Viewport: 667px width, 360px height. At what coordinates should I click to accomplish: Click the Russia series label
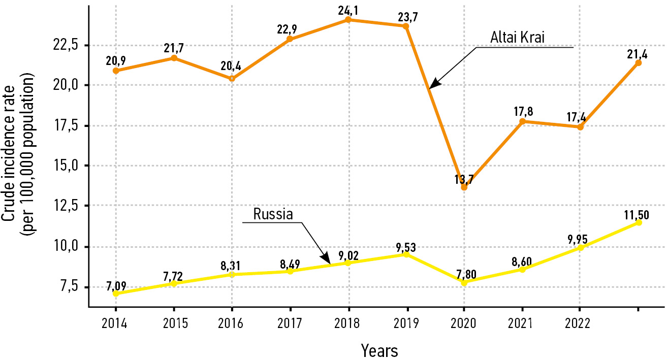[273, 214]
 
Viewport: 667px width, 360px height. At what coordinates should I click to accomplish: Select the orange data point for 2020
[464, 187]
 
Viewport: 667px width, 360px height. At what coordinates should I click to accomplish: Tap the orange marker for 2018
[348, 20]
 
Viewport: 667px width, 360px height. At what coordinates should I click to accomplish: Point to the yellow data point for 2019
[406, 254]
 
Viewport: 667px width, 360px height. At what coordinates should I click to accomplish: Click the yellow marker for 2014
[116, 293]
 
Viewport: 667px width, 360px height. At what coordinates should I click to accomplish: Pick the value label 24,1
[348, 9]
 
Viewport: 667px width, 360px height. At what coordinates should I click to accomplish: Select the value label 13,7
[464, 179]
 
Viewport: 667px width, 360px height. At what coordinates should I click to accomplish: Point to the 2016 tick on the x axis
[232, 323]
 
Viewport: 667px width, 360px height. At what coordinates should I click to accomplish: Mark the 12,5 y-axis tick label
[67, 206]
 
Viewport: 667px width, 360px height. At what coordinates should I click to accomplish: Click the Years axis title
[379, 350]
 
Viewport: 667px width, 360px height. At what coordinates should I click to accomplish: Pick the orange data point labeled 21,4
[638, 63]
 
